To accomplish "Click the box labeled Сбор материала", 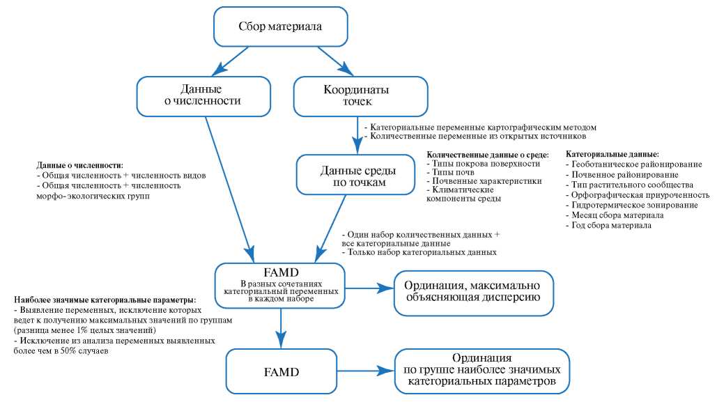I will point(281,29).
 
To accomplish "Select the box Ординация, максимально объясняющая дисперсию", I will point(473,288).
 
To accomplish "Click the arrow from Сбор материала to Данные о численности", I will point(230,62).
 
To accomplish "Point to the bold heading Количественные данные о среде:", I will point(487,153).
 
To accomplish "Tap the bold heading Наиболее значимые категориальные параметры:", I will point(100,299).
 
